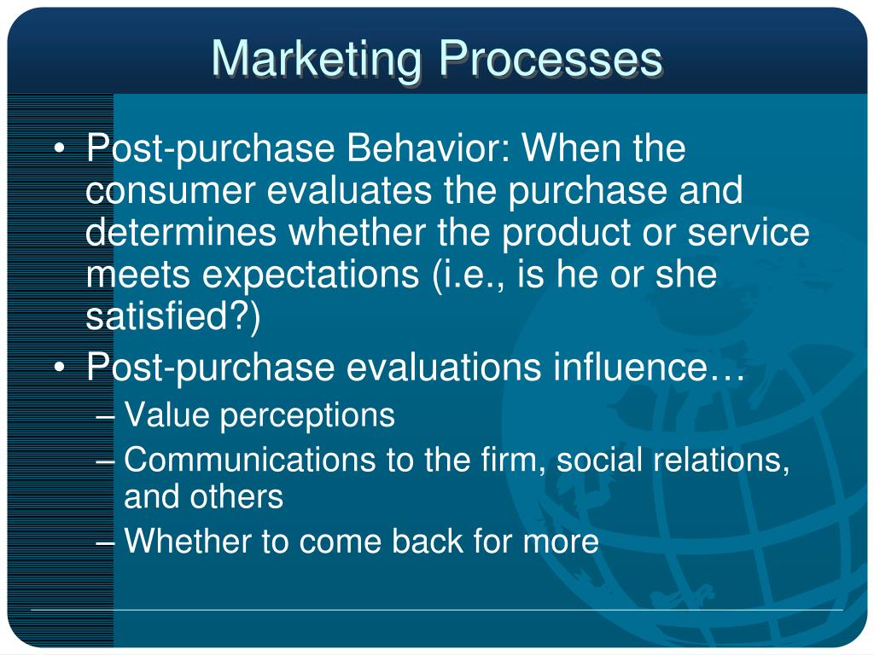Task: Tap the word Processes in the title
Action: point(551,58)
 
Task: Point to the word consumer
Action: point(170,191)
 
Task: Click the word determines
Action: point(181,231)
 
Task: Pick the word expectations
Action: point(311,275)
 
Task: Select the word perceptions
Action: point(307,416)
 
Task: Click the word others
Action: point(236,496)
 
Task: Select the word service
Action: point(748,233)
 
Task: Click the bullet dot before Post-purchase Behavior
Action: point(60,148)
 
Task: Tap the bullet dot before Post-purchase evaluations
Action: point(60,368)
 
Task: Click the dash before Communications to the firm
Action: point(105,461)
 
